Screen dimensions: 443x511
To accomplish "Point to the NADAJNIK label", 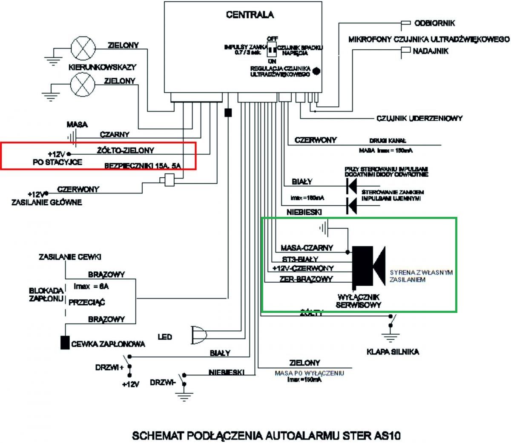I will [430, 51].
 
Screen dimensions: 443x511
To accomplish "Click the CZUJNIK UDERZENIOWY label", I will [419, 118].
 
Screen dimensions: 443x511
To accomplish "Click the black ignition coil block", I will [65, 343].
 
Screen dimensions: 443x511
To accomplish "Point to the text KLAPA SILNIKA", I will [393, 352].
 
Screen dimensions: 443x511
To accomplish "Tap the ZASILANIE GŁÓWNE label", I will [46, 202].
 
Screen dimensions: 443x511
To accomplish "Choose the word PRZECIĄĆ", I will [87, 303].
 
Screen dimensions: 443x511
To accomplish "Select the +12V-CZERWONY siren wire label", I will [303, 268].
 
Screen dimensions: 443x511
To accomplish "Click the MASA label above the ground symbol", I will [77, 125].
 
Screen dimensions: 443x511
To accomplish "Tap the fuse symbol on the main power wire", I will [167, 181].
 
